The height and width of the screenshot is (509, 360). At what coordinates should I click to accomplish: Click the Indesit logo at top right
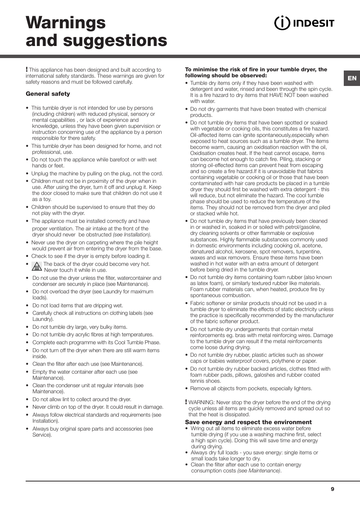pos(304,23)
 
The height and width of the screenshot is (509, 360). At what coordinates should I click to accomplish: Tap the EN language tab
pos(352,78)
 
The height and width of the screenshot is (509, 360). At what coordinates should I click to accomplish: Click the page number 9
pos(332,489)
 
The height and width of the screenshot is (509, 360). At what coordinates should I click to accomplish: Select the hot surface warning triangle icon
pos(37,267)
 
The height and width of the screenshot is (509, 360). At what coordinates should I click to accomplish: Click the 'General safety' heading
pos(48,94)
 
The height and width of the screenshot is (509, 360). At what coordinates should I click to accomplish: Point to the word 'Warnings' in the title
pos(66,23)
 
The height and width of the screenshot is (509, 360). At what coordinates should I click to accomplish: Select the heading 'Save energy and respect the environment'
pos(248,422)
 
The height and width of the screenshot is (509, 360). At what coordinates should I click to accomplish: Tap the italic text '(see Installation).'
pos(132,235)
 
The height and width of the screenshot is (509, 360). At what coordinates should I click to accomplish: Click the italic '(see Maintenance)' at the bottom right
pos(259,471)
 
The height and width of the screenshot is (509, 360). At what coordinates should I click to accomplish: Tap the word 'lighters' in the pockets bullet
pos(302,388)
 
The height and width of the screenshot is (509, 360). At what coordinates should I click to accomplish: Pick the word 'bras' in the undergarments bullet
pos(249,335)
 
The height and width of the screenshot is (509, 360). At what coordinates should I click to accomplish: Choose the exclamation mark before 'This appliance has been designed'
pos(27,69)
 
